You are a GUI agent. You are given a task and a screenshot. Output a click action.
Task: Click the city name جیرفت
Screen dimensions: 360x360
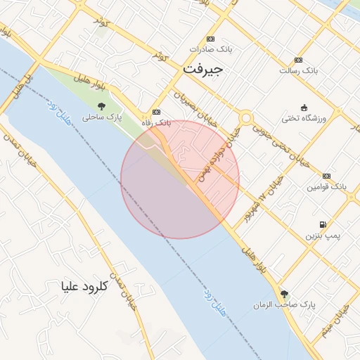(202, 70)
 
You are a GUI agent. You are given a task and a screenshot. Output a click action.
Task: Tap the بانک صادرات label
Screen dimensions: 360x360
(210, 51)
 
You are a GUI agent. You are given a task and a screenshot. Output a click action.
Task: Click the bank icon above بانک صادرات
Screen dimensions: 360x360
(210, 39)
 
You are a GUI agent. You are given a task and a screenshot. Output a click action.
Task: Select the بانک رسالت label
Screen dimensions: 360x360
(299, 70)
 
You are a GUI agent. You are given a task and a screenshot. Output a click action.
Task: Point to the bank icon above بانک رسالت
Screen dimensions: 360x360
(299, 60)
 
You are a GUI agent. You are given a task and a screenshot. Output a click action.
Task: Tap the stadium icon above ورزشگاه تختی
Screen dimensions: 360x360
(304, 107)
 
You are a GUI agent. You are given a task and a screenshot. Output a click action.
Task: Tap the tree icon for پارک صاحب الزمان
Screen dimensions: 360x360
(284, 294)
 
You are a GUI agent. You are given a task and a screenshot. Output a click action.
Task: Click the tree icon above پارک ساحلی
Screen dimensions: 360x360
(103, 107)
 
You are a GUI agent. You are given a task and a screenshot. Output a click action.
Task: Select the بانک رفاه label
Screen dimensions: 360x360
(156, 123)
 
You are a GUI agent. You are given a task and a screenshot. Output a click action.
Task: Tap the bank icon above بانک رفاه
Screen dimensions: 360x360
(156, 112)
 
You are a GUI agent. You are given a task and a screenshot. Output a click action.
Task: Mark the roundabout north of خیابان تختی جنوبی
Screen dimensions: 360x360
(245, 117)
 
